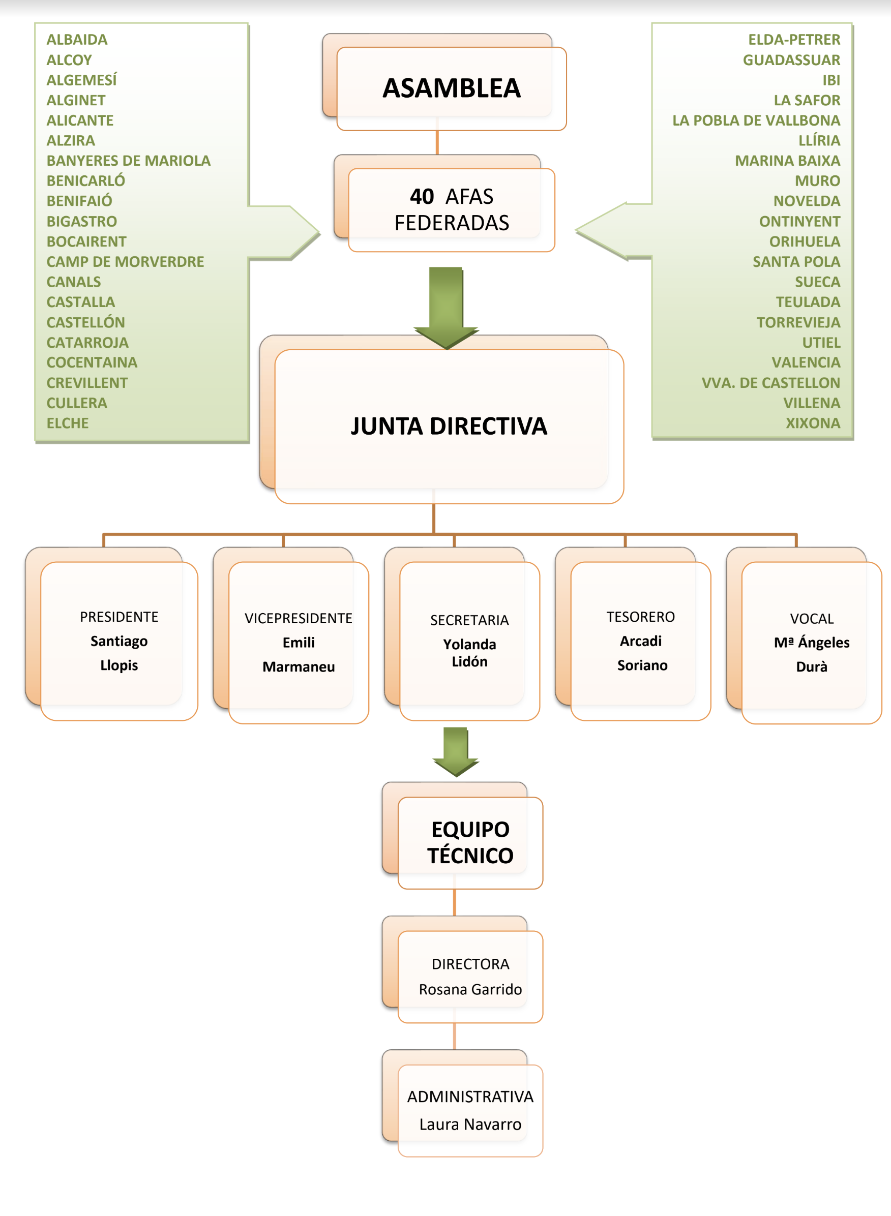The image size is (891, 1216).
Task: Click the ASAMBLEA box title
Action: tap(452, 88)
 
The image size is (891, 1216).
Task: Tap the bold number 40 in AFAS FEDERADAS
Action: tap(421, 197)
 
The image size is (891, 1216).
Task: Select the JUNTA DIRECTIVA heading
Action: tap(449, 426)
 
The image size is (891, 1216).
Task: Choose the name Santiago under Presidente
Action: tap(118, 641)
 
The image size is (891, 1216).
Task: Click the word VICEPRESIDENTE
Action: tap(298, 618)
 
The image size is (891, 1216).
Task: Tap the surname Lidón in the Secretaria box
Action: tap(469, 662)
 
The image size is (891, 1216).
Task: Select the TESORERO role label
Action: tap(640, 617)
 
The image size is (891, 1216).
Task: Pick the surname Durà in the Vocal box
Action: tap(811, 667)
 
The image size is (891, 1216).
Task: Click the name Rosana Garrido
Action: tap(470, 989)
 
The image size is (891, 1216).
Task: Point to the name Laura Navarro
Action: tap(470, 1124)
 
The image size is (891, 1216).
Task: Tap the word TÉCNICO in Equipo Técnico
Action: tap(470, 856)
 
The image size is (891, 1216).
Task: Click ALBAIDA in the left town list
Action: tap(77, 39)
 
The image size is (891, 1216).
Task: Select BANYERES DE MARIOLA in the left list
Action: tap(128, 161)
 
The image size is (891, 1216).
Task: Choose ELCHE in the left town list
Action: tap(68, 423)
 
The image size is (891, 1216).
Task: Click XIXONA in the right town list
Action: tap(813, 423)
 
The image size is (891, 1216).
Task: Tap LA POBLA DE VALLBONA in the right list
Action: tap(756, 120)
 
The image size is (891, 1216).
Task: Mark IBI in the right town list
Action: tap(831, 80)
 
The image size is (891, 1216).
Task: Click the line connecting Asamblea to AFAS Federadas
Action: tap(437, 143)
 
